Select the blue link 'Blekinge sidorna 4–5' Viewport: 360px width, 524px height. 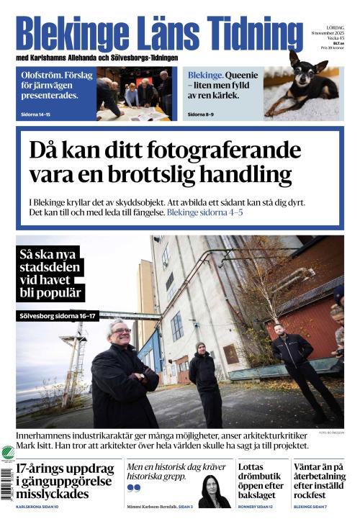click(x=204, y=213)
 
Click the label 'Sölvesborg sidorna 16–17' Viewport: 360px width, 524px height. click(x=58, y=315)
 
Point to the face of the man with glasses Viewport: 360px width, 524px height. click(x=120, y=334)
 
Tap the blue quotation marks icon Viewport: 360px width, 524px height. click(x=133, y=487)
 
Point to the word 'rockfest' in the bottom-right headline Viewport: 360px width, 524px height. click(x=316, y=494)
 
